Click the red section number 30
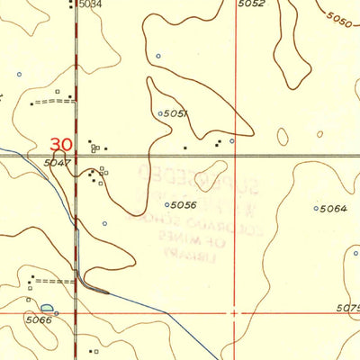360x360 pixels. [x=61, y=144]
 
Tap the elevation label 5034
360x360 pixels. [x=90, y=4]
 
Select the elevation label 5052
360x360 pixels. [x=251, y=4]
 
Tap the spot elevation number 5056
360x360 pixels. [x=184, y=205]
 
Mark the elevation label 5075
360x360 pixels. [x=348, y=308]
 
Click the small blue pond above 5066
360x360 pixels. [x=47, y=308]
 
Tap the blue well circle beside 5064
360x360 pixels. [x=316, y=209]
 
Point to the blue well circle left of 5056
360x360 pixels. [x=168, y=205]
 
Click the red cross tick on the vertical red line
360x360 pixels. [x=235, y=314]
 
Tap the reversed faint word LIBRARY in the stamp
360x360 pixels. [x=183, y=256]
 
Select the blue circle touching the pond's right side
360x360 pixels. [x=56, y=312]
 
